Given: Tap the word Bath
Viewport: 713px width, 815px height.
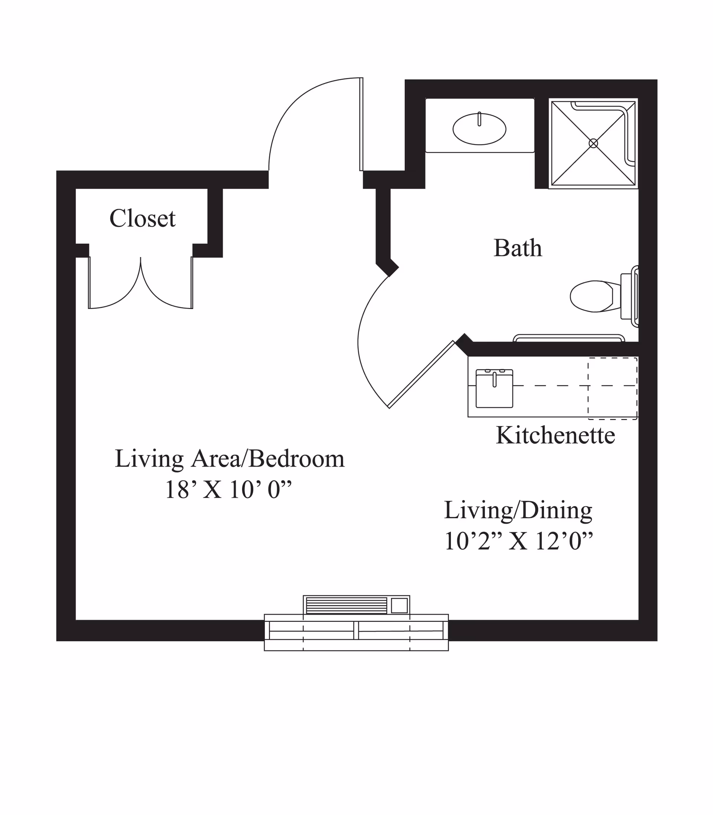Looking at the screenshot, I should point(518,248).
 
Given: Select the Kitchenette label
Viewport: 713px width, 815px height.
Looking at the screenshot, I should point(555,435).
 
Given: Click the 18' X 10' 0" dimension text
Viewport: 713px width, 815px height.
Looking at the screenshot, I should point(228,490).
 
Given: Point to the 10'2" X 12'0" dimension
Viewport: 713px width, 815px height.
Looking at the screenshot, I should point(518,541).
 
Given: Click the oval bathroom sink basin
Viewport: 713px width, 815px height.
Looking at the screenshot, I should point(479,129).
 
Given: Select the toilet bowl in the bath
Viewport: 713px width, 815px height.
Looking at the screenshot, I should point(591,296).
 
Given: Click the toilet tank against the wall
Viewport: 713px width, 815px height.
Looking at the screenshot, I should point(625,296).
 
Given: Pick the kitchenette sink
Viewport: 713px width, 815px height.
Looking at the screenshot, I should point(494,389).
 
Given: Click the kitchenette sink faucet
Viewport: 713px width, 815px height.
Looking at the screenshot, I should point(495,379).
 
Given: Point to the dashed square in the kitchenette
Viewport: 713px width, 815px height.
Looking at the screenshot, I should point(612,389).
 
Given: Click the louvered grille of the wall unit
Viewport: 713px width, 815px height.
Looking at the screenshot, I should point(346,606).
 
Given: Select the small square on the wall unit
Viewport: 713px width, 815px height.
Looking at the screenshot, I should point(399,606).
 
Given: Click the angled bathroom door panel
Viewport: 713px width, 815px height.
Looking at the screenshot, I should point(421,374).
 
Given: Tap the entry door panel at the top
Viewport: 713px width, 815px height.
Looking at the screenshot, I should point(361,124).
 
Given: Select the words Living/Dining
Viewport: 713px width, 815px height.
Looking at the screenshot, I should point(518,510).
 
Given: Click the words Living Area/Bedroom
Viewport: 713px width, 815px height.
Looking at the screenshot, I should point(229,459).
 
